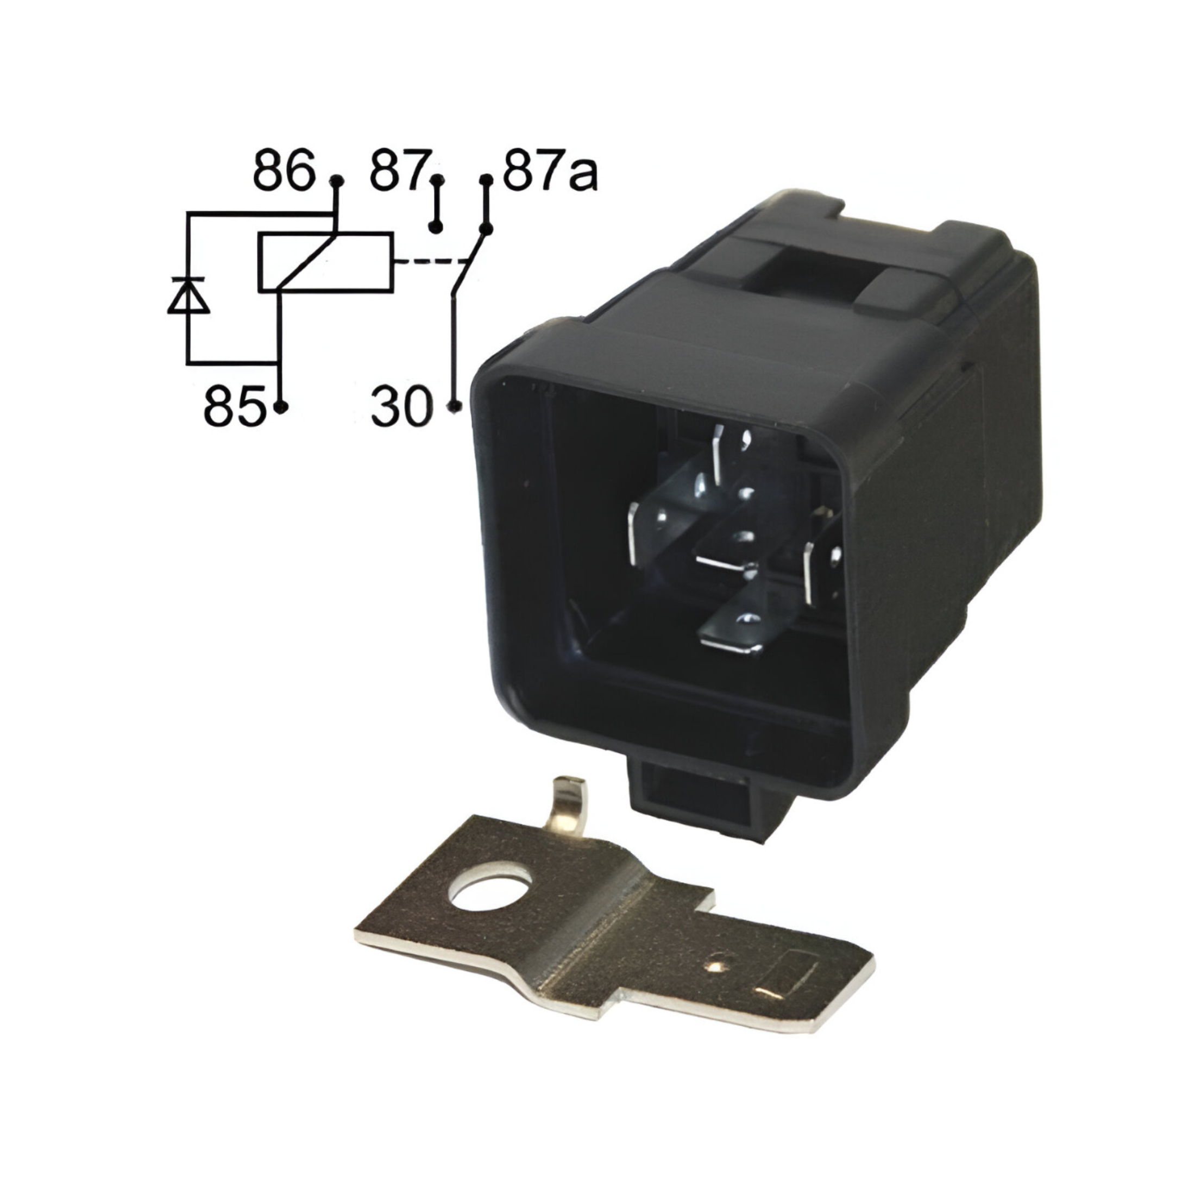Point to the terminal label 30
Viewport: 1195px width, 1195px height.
(400, 407)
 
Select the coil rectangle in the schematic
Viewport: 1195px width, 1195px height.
(325, 262)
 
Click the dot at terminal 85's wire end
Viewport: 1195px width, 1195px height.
(281, 406)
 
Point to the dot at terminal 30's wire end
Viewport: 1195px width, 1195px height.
(455, 406)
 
